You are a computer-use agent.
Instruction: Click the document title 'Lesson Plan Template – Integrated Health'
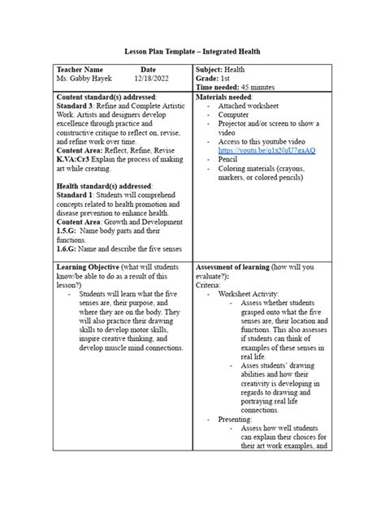point(192,50)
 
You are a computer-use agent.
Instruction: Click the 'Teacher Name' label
point(80,70)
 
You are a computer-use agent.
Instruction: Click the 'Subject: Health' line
point(220,70)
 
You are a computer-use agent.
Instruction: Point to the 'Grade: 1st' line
point(214,79)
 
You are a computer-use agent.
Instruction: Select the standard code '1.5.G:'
point(69,233)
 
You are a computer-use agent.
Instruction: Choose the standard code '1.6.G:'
point(69,251)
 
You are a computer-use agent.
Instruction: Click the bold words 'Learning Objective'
point(89,267)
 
